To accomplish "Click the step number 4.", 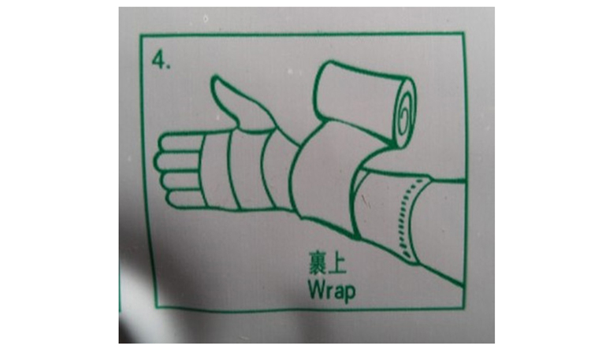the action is [161, 61].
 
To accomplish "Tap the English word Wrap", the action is [332, 290].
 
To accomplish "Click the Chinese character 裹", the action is [318, 263].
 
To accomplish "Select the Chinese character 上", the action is [337, 263].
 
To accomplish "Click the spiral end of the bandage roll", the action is [405, 113].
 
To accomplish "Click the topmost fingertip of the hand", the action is [163, 142].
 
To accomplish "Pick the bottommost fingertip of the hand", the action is [172, 199].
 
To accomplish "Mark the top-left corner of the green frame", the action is [140, 35].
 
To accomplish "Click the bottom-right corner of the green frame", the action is [465, 307].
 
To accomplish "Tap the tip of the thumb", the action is [215, 79].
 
